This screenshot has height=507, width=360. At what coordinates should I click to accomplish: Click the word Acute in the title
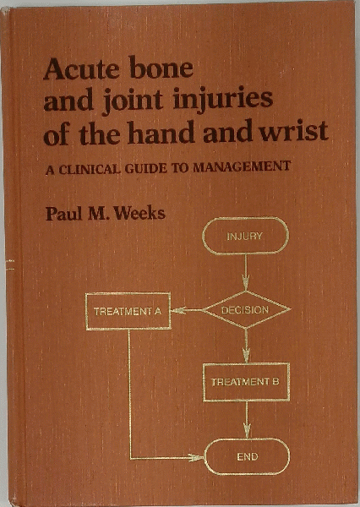(x=81, y=68)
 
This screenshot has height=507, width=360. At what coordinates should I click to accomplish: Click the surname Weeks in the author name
(x=140, y=213)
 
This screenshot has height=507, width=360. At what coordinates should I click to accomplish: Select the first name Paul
(x=63, y=214)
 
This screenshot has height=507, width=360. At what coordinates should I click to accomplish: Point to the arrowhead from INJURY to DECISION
(x=246, y=283)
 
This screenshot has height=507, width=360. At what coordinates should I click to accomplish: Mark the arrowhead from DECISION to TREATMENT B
(x=246, y=356)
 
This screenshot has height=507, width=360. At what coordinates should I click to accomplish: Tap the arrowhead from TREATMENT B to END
(x=247, y=431)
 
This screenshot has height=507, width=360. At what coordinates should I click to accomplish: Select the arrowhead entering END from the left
(x=197, y=457)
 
